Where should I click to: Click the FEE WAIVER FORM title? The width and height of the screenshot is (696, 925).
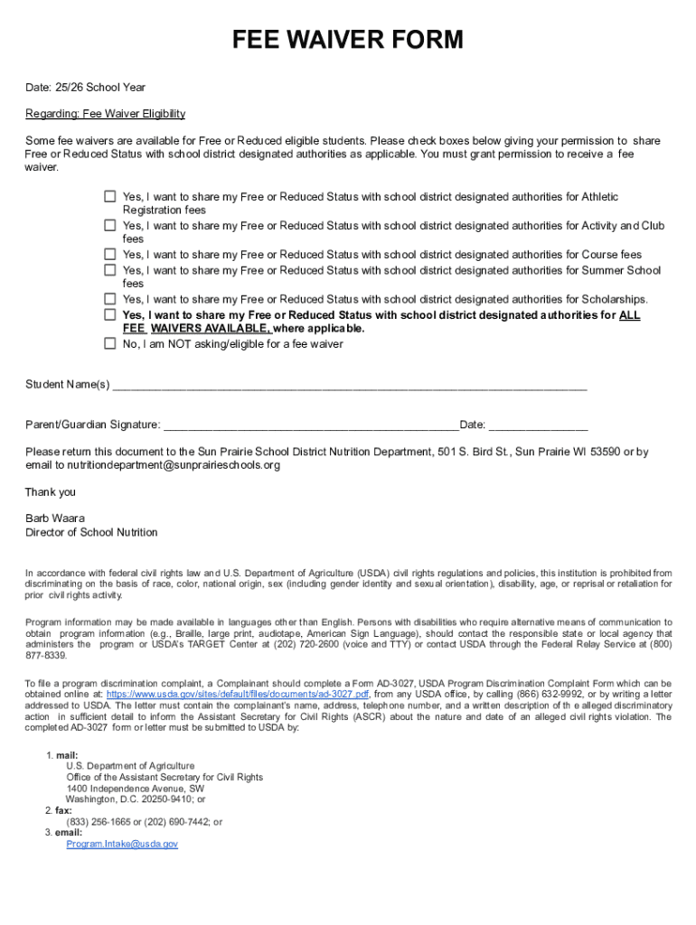347,40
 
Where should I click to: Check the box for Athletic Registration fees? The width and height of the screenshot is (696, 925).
109,196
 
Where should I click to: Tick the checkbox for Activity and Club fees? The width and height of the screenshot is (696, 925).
109,225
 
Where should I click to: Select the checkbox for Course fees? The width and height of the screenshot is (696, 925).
109,255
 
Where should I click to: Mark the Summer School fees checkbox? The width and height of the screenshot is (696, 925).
109,270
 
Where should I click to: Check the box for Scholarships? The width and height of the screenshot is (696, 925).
109,299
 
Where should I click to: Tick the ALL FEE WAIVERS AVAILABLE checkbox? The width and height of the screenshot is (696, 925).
109,314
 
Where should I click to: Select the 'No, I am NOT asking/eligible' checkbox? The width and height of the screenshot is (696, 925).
109,343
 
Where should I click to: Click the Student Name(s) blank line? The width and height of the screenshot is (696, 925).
349,386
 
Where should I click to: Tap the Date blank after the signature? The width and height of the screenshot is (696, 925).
539,425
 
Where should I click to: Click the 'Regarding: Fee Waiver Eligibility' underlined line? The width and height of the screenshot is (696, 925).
105,114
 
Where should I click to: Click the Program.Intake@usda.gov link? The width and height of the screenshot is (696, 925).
122,844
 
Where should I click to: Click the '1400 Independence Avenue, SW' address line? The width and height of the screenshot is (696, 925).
135,788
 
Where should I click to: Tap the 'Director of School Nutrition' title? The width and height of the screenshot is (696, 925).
91,532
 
